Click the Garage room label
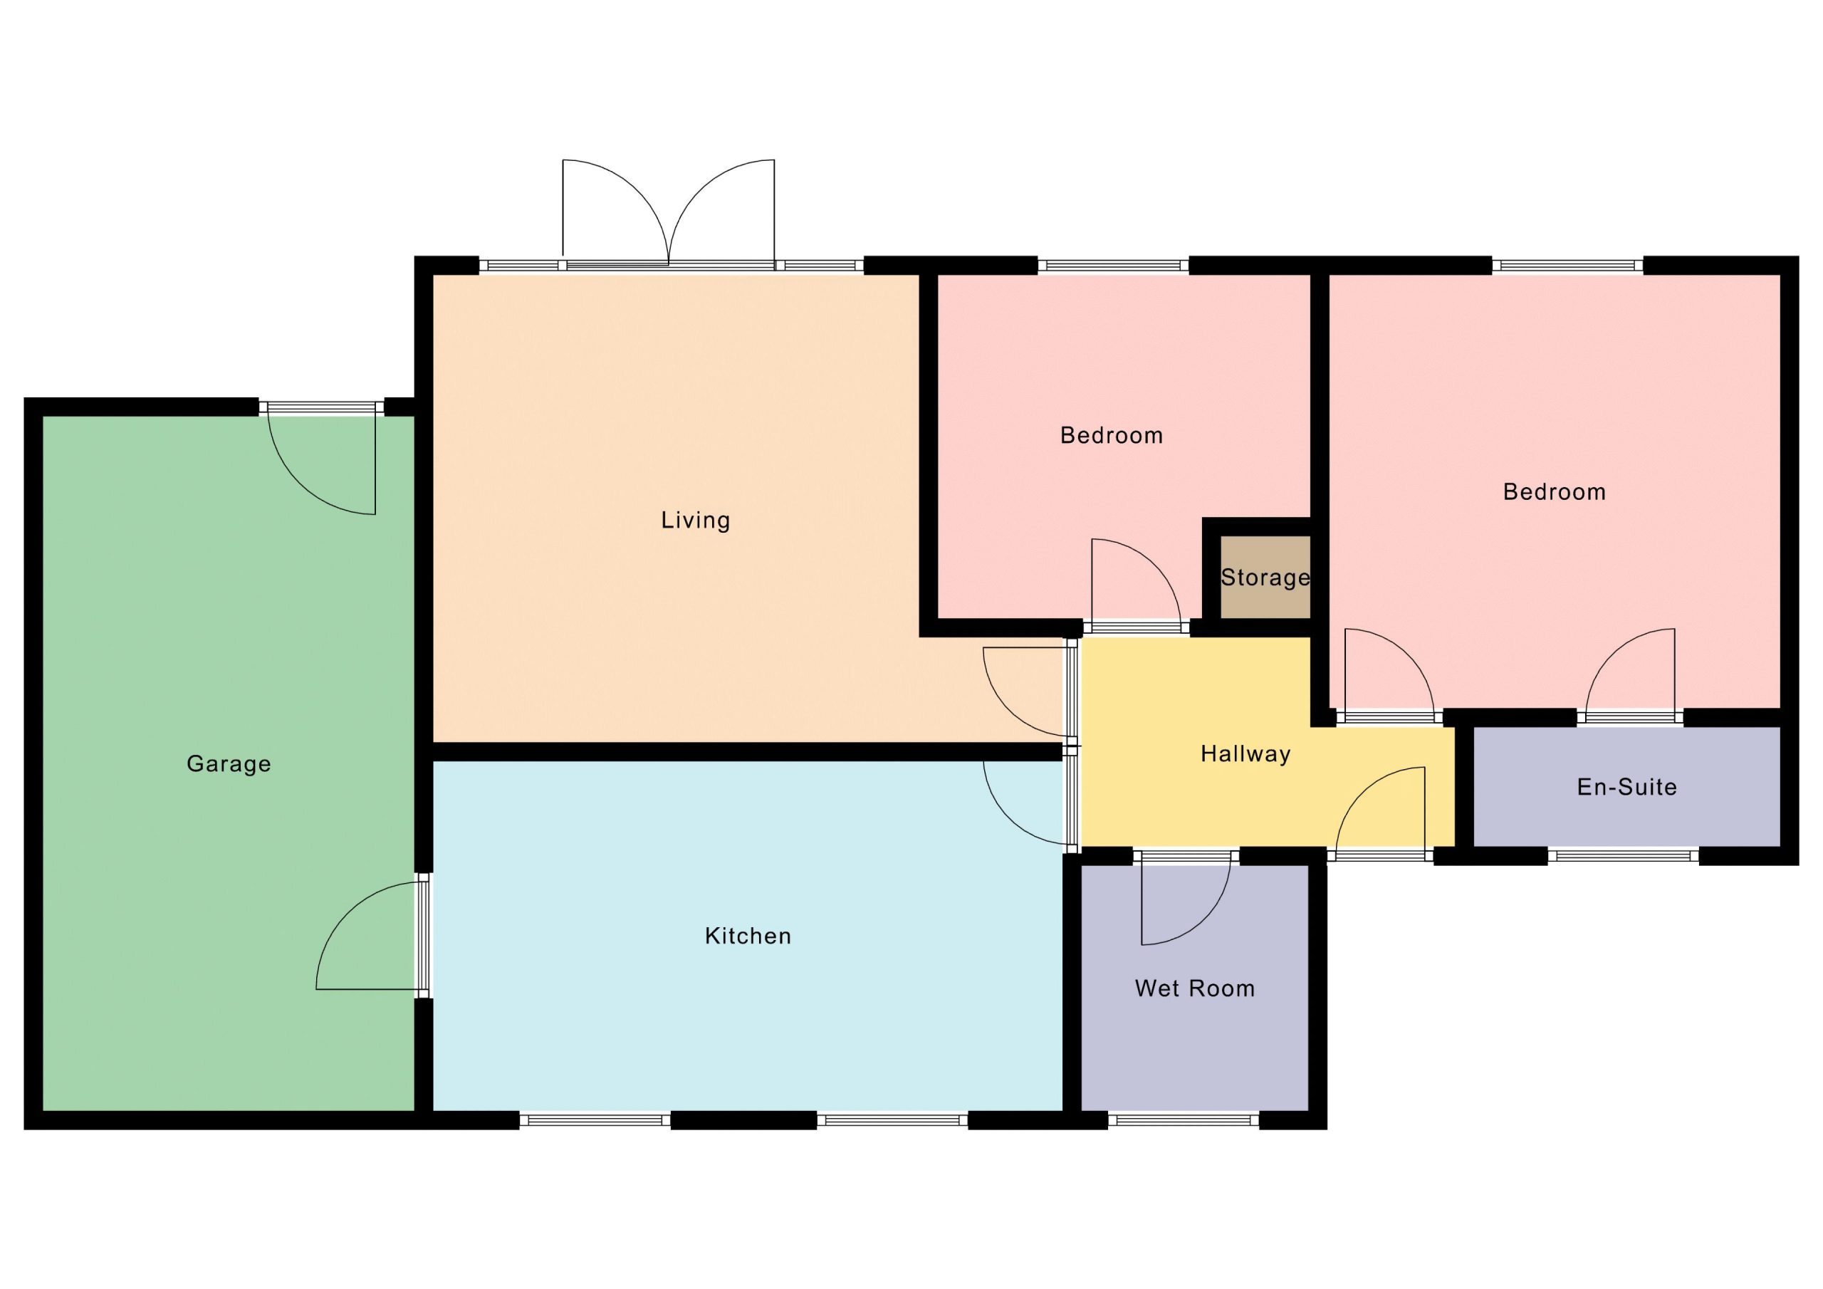click(229, 764)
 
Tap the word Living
click(696, 520)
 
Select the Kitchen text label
click(748, 936)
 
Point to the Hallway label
click(1245, 754)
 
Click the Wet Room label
click(1195, 988)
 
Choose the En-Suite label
click(1627, 786)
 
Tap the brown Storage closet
click(1265, 577)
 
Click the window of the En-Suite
click(1623, 855)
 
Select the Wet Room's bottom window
click(1184, 1120)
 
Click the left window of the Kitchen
click(595, 1120)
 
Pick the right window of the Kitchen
click(892, 1120)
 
